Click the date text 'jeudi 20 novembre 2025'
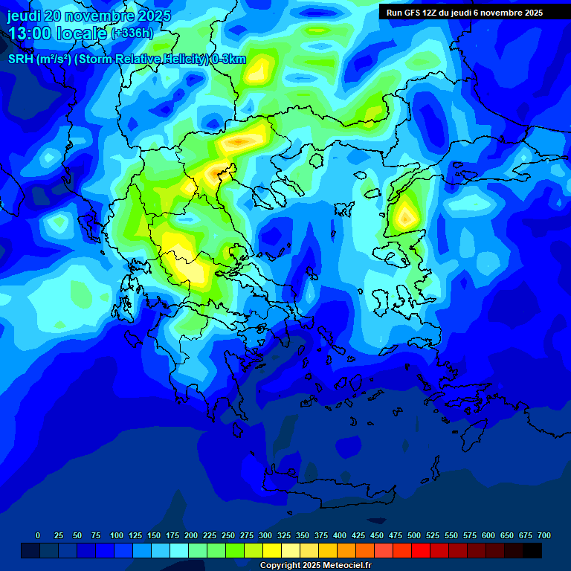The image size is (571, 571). click(89, 16)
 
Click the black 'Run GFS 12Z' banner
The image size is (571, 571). click(465, 13)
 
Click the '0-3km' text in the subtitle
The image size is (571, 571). click(228, 60)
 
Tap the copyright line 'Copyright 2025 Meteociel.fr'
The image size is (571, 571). click(315, 566)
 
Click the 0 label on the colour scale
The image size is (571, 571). click(38, 535)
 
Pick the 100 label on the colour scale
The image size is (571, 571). click(116, 535)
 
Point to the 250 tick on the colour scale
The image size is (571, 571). click(228, 535)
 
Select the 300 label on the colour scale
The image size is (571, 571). click(265, 535)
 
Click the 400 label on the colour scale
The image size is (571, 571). click(340, 535)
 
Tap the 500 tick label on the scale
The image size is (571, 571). click(414, 535)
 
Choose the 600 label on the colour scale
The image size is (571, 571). click(488, 535)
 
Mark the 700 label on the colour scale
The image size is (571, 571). click(543, 535)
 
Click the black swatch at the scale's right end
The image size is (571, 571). click(532, 550)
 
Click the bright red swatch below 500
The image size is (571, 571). click(421, 550)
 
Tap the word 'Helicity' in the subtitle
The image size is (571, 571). click(185, 60)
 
